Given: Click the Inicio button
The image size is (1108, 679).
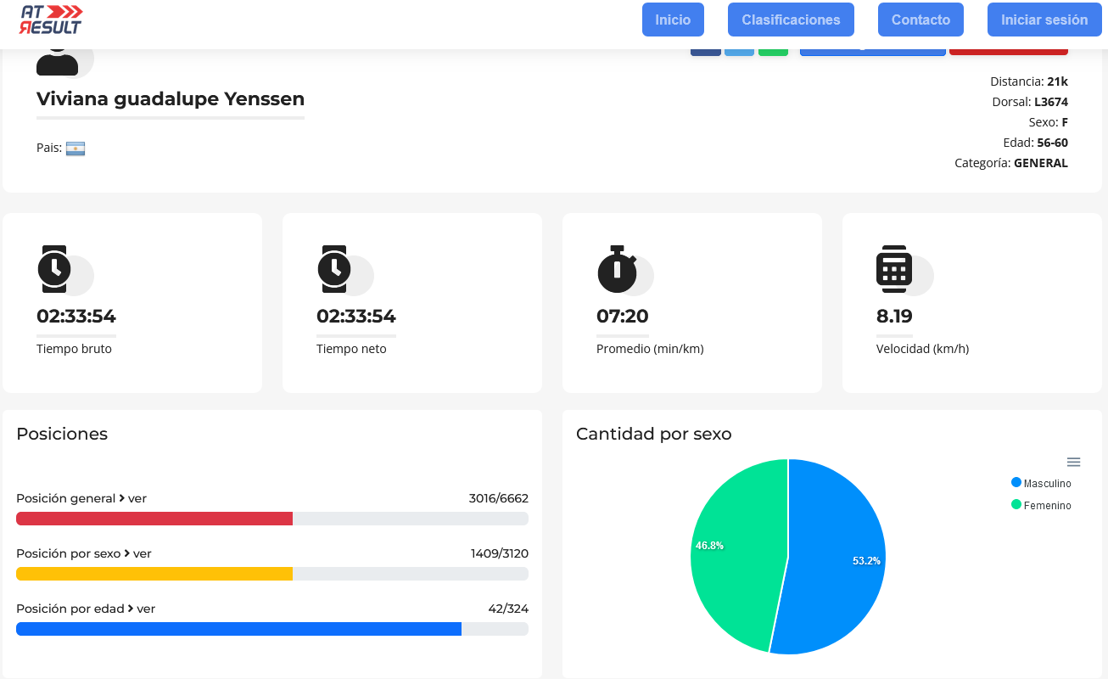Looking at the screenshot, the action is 673,20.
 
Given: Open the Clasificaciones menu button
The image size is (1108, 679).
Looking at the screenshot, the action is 791,20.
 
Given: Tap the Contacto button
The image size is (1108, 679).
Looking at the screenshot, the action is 921,20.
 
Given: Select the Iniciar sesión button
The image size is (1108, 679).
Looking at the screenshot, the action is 1044,20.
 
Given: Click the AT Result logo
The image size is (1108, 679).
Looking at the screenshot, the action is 50,20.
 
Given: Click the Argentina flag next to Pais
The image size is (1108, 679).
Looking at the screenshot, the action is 76,149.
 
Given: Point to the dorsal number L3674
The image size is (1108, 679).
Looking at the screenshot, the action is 1051,102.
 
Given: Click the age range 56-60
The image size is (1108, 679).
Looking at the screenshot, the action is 1052,143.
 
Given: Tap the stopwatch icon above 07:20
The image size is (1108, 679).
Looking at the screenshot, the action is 617,269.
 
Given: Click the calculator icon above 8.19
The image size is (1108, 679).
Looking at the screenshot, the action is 894,269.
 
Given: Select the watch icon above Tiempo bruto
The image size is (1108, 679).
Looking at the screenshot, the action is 54,269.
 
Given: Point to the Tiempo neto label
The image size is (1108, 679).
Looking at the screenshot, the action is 351,349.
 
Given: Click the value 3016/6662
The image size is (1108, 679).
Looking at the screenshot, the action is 499,498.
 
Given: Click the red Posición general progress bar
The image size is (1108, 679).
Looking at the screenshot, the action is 154,519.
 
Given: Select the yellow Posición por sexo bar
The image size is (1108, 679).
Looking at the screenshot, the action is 154,574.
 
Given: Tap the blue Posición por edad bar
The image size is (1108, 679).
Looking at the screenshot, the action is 239,629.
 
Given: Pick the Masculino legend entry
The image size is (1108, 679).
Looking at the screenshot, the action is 1041,483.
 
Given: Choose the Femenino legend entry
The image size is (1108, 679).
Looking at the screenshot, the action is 1041,505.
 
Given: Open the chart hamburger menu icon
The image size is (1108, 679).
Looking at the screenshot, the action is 1073,463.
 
